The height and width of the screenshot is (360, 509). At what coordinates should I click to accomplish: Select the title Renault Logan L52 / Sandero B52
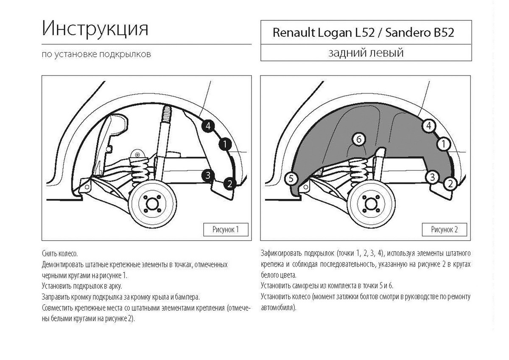coord(363,33)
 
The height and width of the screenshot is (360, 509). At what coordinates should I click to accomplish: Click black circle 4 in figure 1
coord(208,126)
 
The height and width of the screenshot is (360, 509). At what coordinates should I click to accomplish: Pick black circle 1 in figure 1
coord(224,145)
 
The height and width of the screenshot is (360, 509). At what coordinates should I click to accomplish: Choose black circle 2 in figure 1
coord(229,184)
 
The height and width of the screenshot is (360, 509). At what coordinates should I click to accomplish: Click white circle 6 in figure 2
coord(358,139)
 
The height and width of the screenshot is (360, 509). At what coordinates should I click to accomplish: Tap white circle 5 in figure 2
coord(291,179)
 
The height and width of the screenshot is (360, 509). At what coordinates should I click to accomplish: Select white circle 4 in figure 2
coord(429,126)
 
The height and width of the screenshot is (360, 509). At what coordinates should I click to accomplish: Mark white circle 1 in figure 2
coord(444,145)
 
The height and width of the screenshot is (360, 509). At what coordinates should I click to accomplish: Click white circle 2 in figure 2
coord(450,184)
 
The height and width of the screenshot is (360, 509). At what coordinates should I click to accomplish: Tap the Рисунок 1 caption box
coord(225,230)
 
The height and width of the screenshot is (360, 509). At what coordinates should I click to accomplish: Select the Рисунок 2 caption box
coord(444,230)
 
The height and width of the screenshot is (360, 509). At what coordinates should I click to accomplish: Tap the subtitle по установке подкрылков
coord(96,54)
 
